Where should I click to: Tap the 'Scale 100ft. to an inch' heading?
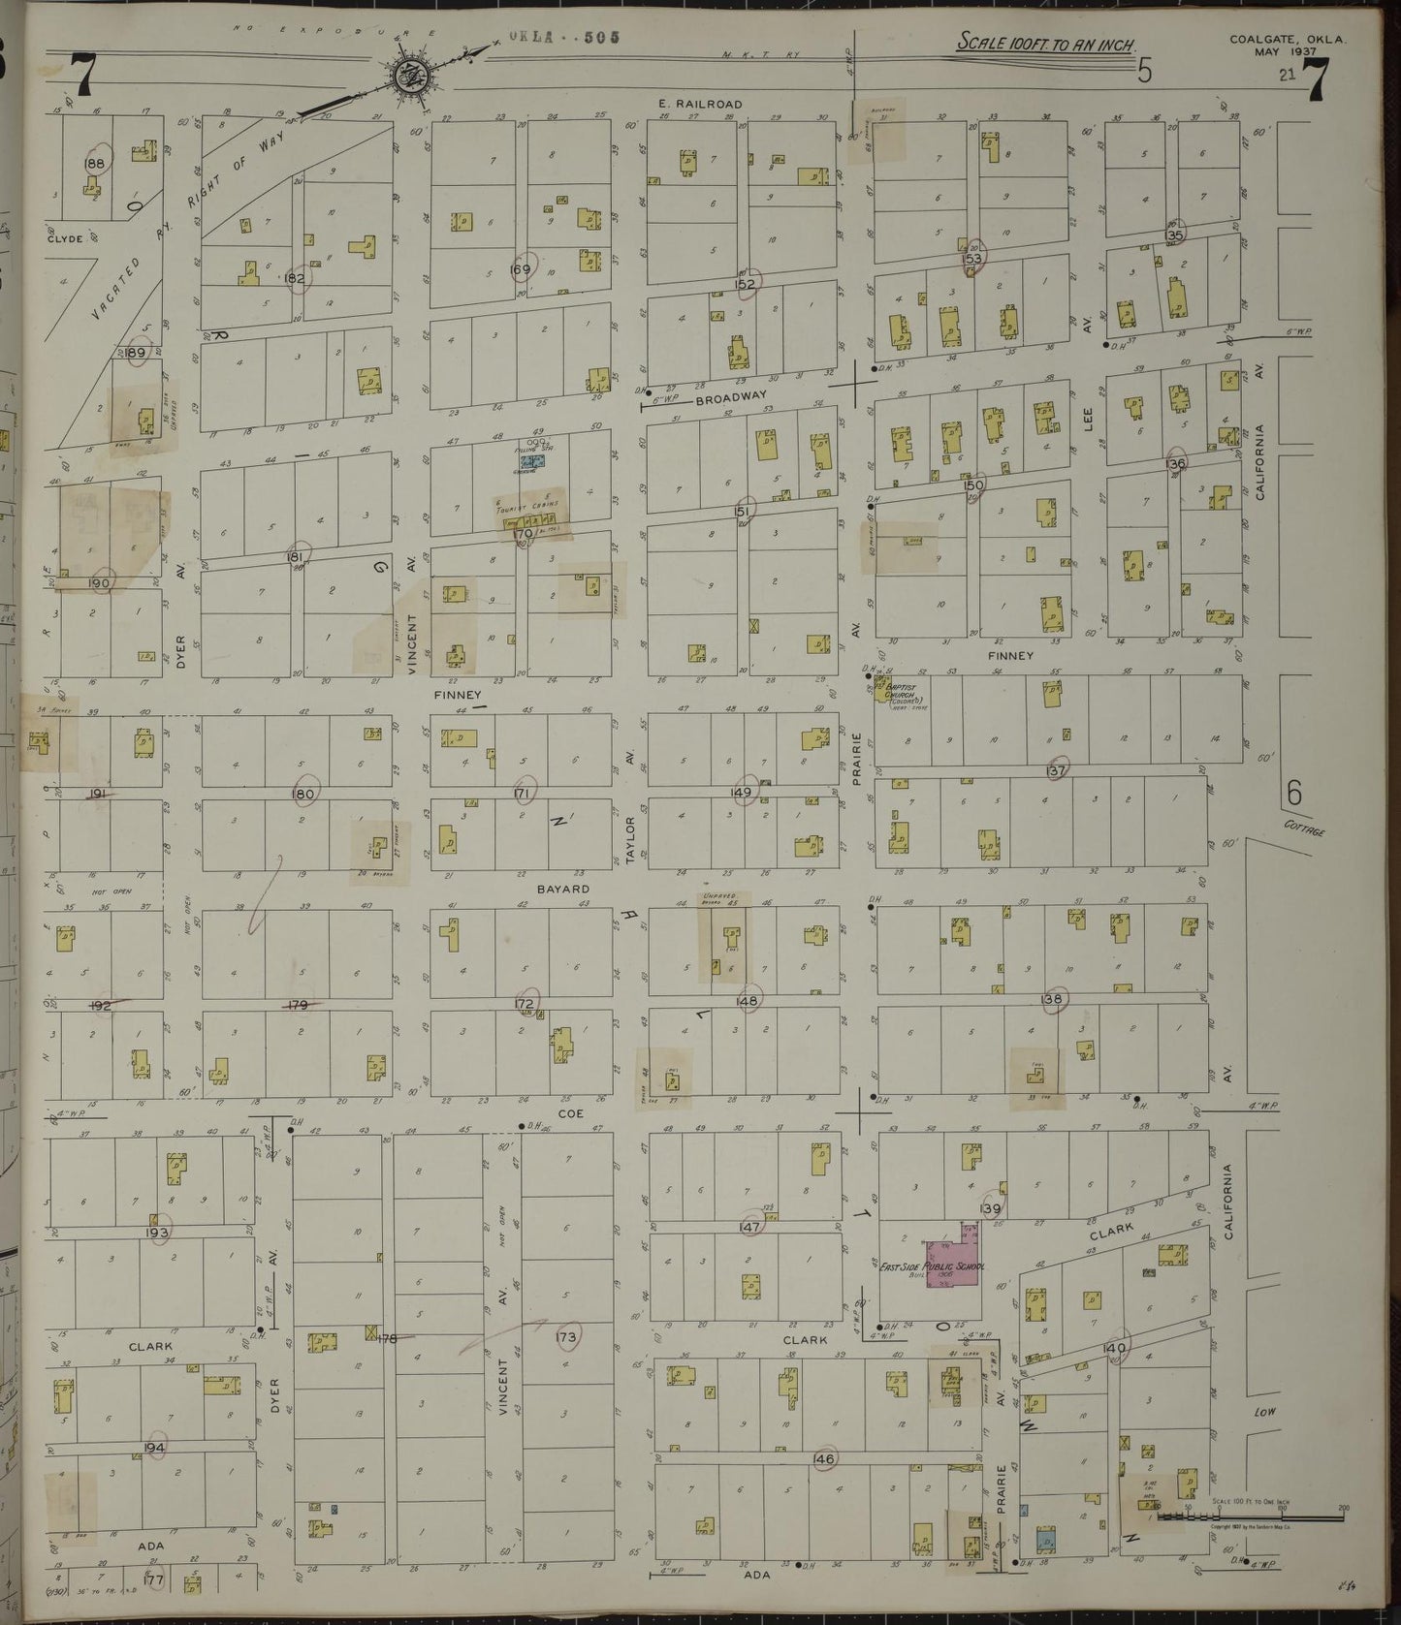point(1046,44)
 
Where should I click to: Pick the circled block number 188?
point(95,164)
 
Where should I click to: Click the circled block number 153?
point(973,259)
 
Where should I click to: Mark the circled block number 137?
point(1056,770)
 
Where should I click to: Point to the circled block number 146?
point(824,1458)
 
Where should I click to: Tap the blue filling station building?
point(530,462)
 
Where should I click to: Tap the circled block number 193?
point(158,1233)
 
